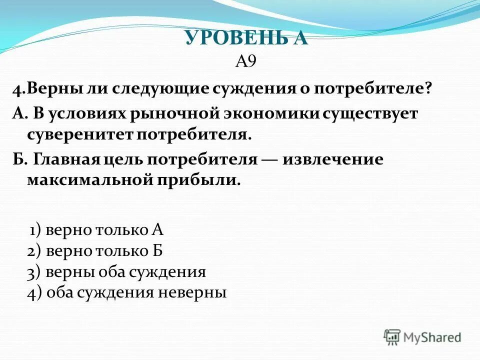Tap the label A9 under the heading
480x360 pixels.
pyautogui.click(x=245, y=61)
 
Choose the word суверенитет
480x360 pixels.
pyautogui.click(x=79, y=134)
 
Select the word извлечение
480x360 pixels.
pyautogui.click(x=333, y=159)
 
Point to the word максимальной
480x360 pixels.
pyautogui.click(x=88, y=180)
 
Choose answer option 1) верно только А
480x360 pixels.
pyautogui.click(x=96, y=230)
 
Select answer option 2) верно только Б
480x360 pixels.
pyautogui.click(x=95, y=250)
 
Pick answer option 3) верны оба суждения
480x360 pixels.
pyautogui.click(x=116, y=271)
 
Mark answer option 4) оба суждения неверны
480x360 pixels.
pyautogui.click(x=126, y=292)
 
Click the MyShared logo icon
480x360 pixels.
pyautogui.click(x=392, y=337)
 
